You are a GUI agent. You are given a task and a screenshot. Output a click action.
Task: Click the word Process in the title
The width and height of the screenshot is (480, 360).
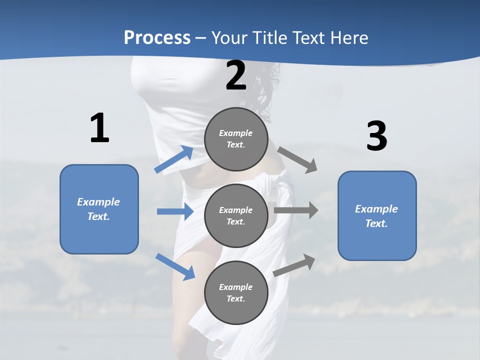point(157,38)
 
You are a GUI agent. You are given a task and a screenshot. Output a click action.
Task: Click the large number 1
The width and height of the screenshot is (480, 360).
point(99,128)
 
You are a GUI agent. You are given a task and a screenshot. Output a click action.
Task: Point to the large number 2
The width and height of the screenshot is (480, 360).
point(236,76)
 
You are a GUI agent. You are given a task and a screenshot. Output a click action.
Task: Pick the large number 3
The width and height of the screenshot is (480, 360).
point(376,136)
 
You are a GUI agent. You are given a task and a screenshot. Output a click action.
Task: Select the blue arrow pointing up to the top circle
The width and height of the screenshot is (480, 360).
point(174,159)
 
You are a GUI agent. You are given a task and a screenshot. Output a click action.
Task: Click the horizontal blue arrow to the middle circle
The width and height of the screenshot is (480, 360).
point(175,211)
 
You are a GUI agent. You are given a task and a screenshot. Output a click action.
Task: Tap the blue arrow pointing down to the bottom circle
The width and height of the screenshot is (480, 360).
point(175,266)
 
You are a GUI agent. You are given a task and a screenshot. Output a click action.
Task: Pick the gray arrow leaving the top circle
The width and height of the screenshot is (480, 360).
point(297,159)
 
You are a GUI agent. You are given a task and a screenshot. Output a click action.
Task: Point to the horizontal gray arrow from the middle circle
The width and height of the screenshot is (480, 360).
point(296,210)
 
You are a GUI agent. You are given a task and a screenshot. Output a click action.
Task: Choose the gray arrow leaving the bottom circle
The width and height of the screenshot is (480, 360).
point(294,265)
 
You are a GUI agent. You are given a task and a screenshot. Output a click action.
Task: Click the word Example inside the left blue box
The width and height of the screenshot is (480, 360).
point(98,202)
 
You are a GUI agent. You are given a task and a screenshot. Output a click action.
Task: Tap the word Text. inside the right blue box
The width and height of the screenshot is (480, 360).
point(376,223)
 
